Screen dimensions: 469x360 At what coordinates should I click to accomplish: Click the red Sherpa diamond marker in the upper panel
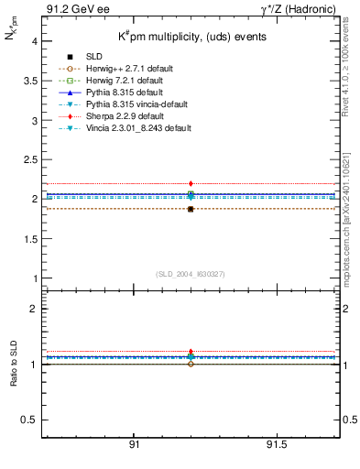coord(191,184)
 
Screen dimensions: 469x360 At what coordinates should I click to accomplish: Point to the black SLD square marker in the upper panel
coord(191,210)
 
